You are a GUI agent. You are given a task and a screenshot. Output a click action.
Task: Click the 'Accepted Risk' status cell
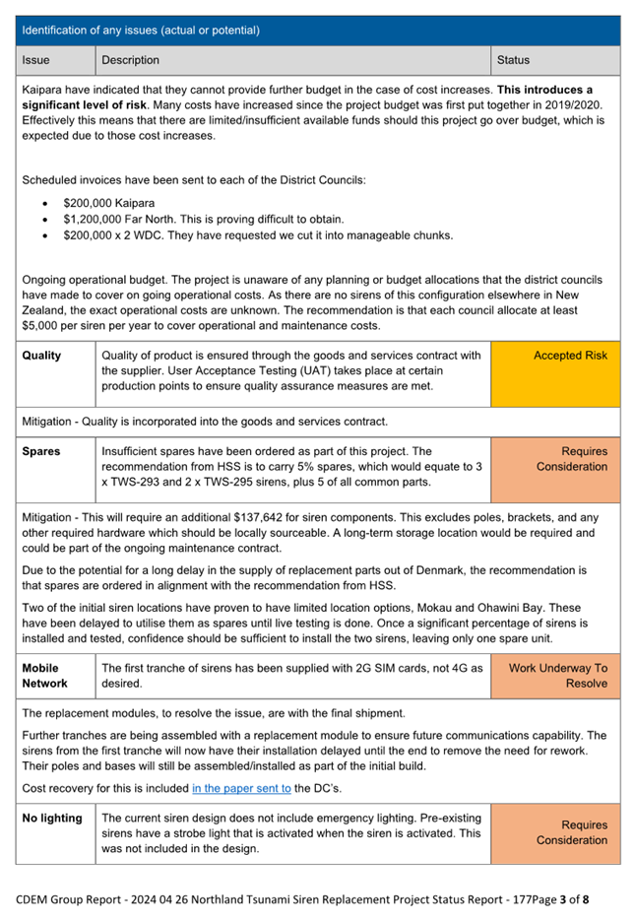click(570, 356)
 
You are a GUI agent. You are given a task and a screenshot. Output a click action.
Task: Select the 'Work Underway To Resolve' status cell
click(557, 675)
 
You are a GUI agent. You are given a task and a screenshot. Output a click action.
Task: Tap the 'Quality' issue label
click(41, 356)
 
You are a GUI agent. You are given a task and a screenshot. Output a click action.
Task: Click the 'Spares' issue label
click(41, 451)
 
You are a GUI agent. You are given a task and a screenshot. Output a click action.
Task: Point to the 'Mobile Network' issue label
click(45, 675)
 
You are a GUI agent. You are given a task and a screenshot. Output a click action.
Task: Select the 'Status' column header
click(513, 61)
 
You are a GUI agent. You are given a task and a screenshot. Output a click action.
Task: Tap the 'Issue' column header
click(35, 61)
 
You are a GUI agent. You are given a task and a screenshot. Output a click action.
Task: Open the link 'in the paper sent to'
click(241, 788)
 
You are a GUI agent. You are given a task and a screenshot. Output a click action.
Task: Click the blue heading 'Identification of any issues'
click(141, 31)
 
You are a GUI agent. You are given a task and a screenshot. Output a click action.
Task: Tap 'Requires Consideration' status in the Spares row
click(571, 459)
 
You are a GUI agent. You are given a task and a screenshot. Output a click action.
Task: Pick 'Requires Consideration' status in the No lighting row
click(571, 832)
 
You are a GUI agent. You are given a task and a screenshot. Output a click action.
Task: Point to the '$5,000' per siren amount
click(41, 326)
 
